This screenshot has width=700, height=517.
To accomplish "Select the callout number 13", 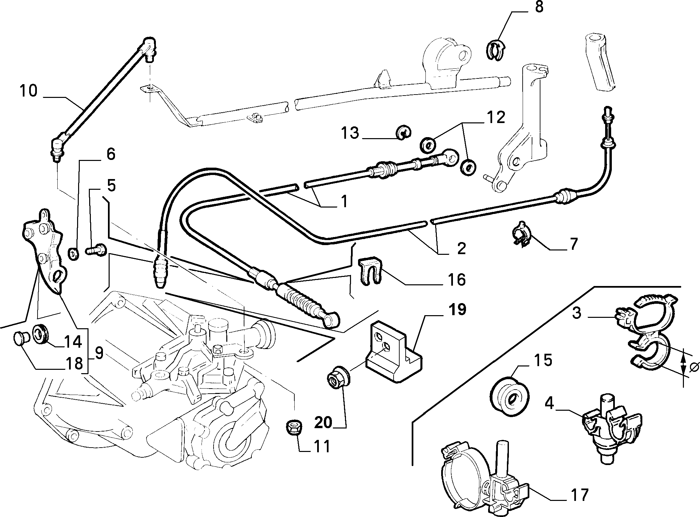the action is [x=350, y=133].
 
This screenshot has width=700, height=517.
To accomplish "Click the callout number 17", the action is [x=579, y=495].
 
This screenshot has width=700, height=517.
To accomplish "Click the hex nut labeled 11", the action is [x=295, y=427].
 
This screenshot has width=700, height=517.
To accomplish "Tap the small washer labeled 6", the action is [x=74, y=254].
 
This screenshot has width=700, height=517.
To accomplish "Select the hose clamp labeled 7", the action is [x=522, y=237].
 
